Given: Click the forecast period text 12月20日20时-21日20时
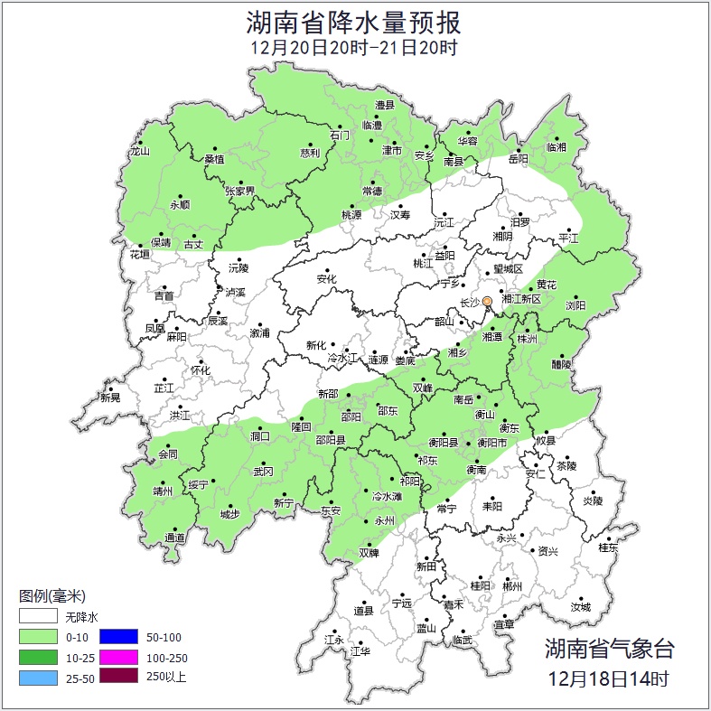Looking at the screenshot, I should click(x=355, y=47).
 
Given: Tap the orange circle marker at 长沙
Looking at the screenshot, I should click(x=487, y=301).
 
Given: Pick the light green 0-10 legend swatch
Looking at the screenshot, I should click(x=39, y=637).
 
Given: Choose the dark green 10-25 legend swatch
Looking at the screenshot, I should click(x=39, y=656).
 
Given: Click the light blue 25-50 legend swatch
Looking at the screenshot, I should click(x=39, y=675).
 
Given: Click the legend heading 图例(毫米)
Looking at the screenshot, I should click(x=51, y=596).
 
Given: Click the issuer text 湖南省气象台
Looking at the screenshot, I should click(x=609, y=648).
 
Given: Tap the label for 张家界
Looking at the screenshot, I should click(x=240, y=191).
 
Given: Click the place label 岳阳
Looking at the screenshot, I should click(x=519, y=159).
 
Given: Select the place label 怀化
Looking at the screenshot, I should click(x=200, y=370).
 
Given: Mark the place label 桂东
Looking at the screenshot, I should click(x=609, y=547).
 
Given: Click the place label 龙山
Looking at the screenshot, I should click(x=139, y=152).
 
